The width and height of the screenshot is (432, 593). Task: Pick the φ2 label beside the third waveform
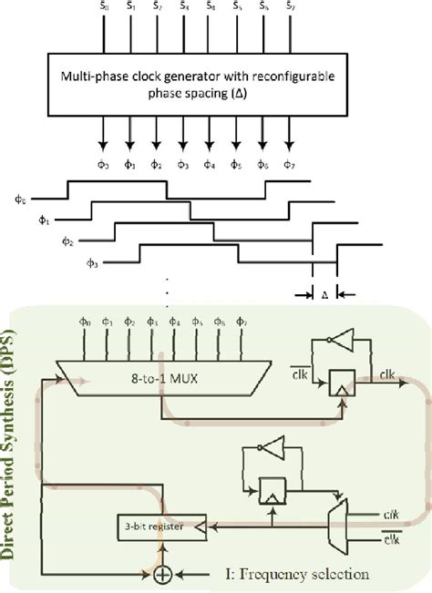[x=67, y=241]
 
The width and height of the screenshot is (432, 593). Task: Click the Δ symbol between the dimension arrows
[x=324, y=295]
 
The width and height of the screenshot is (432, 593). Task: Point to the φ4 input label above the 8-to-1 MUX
[x=174, y=347]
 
